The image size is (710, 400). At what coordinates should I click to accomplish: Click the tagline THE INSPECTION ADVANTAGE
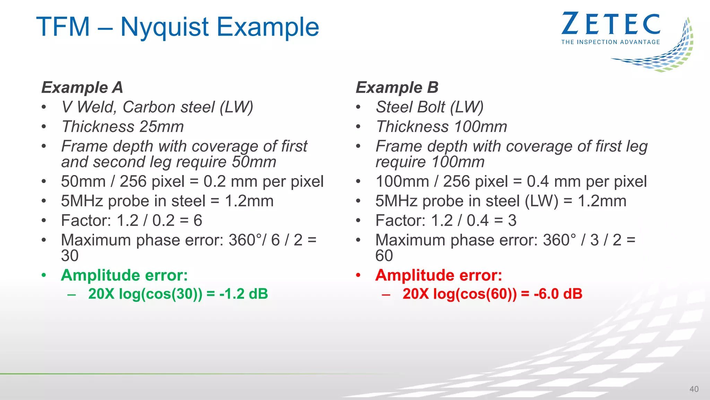pyautogui.click(x=611, y=42)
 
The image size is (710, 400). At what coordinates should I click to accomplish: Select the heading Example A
pyautogui.click(x=82, y=87)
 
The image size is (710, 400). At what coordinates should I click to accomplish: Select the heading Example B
pyautogui.click(x=397, y=87)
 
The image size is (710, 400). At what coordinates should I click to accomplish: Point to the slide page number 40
pyautogui.click(x=694, y=389)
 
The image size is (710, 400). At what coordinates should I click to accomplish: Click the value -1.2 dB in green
pyautogui.click(x=244, y=294)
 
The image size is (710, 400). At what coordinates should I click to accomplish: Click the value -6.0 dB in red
pyautogui.click(x=558, y=294)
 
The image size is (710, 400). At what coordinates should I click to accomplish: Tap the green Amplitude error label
pyautogui.click(x=124, y=275)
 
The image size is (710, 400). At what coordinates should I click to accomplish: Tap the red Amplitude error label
pyautogui.click(x=439, y=275)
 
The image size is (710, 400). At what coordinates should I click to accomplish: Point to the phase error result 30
pyautogui.click(x=70, y=256)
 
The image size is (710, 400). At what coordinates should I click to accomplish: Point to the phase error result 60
pyautogui.click(x=384, y=256)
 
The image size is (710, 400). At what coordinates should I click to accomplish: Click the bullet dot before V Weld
pyautogui.click(x=44, y=107)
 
